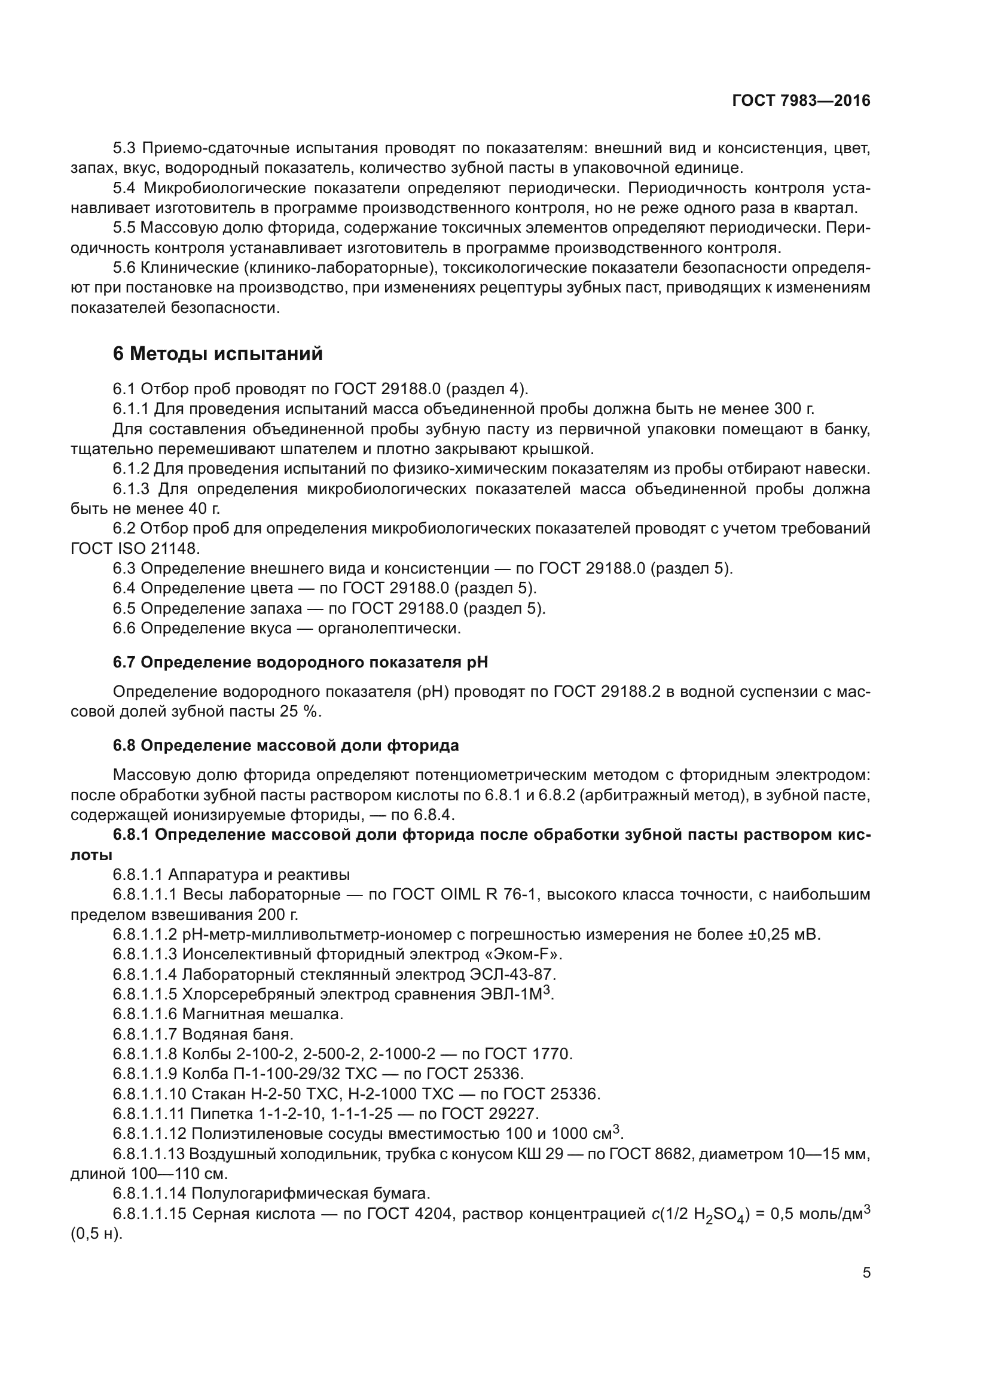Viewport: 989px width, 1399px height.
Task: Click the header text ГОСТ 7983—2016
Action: point(801,101)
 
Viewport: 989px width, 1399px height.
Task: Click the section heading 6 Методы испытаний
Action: point(218,353)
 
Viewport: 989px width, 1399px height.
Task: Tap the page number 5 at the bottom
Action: point(866,1272)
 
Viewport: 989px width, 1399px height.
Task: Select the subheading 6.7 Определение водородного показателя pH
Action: point(300,662)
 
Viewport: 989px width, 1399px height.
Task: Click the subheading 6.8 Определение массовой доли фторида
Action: point(286,746)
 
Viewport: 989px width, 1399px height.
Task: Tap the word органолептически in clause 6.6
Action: point(389,628)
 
